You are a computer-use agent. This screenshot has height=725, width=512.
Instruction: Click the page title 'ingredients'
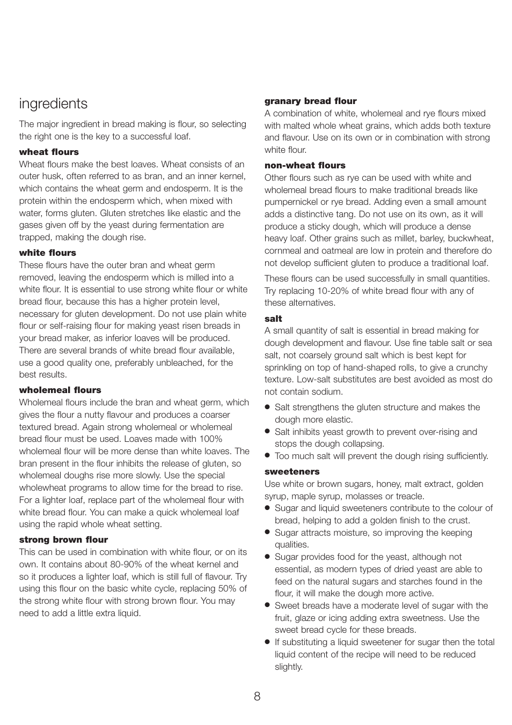click(x=53, y=103)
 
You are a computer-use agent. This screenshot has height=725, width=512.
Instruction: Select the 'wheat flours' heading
click(x=49, y=152)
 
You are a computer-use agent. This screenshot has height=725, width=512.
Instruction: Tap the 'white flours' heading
click(x=47, y=253)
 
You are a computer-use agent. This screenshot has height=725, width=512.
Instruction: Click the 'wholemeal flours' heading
click(x=60, y=390)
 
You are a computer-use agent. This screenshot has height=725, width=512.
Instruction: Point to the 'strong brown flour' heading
click(x=63, y=540)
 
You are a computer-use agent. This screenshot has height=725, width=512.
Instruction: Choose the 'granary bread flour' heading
click(x=310, y=101)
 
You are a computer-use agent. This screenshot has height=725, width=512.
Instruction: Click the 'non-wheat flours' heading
click(x=305, y=166)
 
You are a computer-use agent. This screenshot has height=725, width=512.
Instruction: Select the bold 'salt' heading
click(x=273, y=319)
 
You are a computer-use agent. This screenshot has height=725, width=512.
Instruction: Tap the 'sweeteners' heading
click(x=292, y=472)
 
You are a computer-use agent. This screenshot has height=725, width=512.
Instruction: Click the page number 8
click(x=257, y=696)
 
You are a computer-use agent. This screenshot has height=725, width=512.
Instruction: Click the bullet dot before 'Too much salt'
click(x=267, y=456)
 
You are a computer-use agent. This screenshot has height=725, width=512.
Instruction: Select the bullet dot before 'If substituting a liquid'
click(x=267, y=642)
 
